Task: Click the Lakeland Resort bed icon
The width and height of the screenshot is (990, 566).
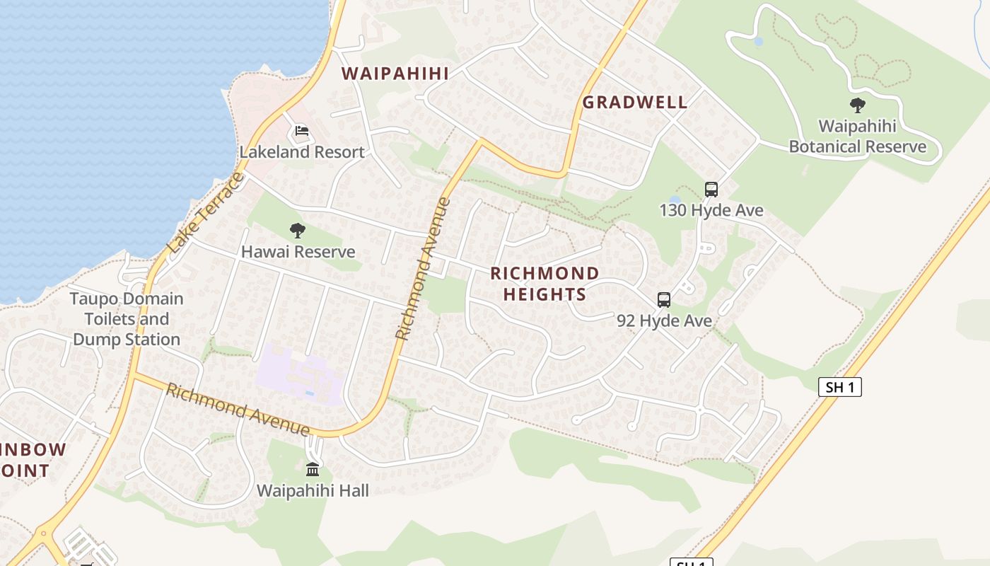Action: (302, 131)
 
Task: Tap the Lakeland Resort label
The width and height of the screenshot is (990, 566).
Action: (302, 152)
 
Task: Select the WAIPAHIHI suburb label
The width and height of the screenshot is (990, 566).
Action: (395, 74)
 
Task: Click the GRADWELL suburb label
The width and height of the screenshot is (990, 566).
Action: (635, 102)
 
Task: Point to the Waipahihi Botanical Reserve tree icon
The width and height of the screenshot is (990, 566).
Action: (858, 106)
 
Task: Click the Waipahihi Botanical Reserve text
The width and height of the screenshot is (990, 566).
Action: (857, 137)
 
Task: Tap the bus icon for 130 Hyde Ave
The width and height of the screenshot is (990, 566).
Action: (711, 190)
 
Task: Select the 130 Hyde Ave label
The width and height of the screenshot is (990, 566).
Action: (711, 211)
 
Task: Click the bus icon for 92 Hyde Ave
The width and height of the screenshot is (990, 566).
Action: (664, 300)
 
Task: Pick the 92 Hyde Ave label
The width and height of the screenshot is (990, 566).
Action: (664, 321)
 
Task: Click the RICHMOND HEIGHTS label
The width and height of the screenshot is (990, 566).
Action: (544, 284)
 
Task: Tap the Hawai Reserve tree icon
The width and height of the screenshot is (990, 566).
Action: (298, 230)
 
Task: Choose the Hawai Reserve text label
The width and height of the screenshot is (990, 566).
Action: (298, 252)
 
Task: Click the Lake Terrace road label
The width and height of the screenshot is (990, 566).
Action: (206, 213)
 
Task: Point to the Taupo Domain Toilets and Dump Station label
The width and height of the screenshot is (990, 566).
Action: (127, 319)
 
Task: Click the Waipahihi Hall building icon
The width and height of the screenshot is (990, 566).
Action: (313, 469)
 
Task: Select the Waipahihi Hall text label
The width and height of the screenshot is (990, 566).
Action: (313, 490)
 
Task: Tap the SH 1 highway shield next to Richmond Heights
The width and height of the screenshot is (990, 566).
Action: (840, 387)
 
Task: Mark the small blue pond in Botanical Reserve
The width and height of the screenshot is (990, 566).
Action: (759, 42)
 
